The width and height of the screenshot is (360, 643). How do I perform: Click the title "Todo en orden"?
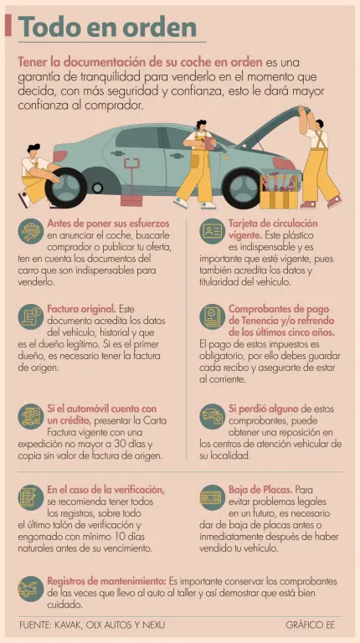107,27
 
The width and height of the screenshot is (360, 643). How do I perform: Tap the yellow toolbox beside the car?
279,193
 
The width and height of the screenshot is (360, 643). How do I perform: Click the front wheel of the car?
242,188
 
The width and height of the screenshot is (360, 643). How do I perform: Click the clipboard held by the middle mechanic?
210,143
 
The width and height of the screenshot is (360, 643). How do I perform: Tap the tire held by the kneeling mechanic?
66,188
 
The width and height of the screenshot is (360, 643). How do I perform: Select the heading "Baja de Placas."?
260,490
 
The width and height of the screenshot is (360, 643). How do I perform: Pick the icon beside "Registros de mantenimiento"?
31,589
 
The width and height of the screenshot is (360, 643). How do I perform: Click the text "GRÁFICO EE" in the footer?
311,625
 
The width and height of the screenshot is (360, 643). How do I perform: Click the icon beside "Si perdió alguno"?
213,416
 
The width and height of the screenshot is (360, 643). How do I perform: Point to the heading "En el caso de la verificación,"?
106,490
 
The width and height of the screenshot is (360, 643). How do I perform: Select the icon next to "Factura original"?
31,316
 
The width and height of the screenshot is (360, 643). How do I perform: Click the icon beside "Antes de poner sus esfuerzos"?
31,232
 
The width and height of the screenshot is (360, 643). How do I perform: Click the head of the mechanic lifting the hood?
319,124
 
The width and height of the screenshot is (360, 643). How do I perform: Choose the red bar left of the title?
8,25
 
